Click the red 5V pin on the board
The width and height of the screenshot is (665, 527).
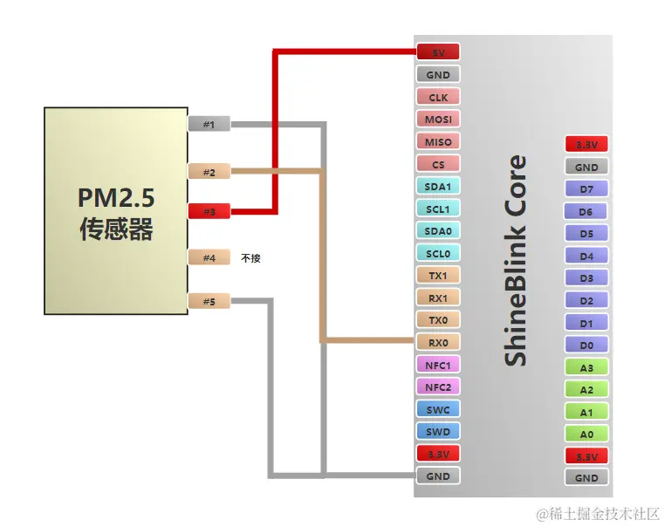pos(438,52)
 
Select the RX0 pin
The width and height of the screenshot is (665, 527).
pos(438,342)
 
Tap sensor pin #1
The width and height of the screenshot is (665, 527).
pos(209,124)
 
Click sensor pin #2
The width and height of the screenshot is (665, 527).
pos(209,172)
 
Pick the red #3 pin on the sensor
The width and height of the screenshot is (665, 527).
pos(209,211)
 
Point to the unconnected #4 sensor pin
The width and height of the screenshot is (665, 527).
pos(209,257)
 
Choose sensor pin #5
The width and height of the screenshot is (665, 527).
pos(209,302)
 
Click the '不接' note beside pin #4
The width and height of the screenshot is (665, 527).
pos(251,258)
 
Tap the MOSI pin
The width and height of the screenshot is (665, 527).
pos(438,119)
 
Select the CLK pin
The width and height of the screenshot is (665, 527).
pos(438,97)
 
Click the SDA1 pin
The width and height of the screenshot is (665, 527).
pos(438,186)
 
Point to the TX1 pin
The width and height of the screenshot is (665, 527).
pos(438,275)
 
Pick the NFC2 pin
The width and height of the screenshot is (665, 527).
pos(438,387)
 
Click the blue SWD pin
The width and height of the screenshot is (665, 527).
pos(438,431)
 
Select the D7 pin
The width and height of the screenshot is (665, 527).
pos(586,188)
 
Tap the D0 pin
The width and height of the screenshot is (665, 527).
pos(586,345)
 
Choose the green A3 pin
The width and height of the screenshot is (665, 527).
pos(586,367)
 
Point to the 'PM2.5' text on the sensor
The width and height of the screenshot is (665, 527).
pos(116,197)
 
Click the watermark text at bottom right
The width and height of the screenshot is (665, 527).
pos(597,514)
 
